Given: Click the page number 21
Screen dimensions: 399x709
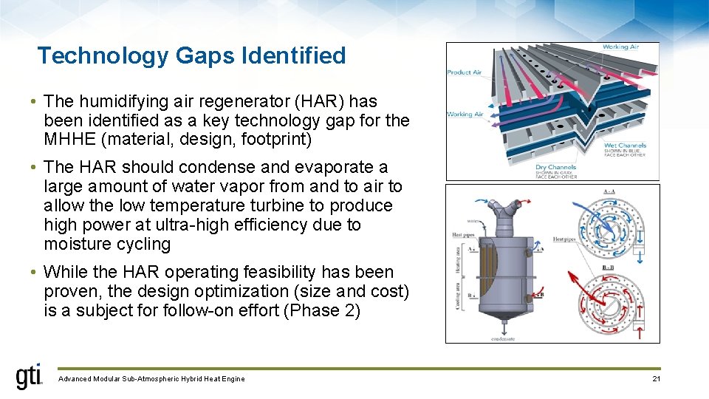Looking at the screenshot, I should pyautogui.click(x=657, y=379).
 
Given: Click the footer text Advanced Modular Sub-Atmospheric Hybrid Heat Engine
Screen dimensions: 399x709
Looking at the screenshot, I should pyautogui.click(x=151, y=379).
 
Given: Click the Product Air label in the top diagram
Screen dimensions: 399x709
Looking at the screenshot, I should pyautogui.click(x=464, y=72).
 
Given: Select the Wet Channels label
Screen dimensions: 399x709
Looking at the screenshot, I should pyautogui.click(x=625, y=146).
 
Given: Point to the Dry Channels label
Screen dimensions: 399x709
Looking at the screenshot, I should pyautogui.click(x=556, y=168).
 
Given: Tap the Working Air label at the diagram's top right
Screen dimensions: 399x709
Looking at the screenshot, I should pyautogui.click(x=620, y=47).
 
